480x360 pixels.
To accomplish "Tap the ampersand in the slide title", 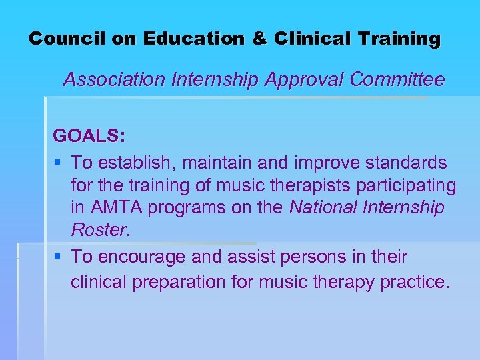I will [259, 39].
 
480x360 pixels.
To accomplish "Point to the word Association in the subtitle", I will [113, 80].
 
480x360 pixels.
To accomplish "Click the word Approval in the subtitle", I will [305, 80].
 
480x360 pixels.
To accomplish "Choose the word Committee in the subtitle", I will [397, 80].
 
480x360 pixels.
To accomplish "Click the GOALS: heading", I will [88, 136].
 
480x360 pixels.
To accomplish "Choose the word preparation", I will [177, 282].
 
